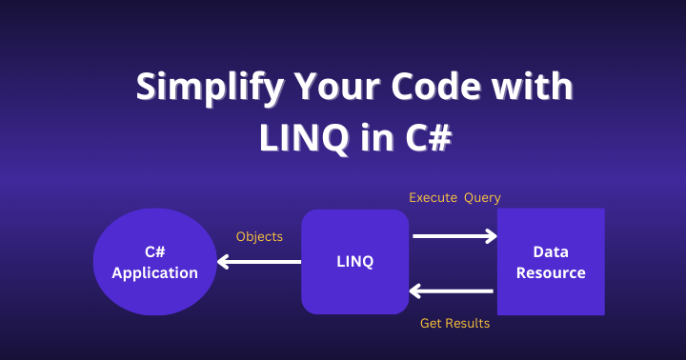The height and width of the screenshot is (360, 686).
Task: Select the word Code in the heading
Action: click(x=435, y=86)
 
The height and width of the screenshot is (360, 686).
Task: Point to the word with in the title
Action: click(x=532, y=86)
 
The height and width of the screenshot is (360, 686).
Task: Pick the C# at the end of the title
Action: click(x=429, y=138)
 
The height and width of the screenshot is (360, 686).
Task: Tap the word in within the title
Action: click(x=377, y=138)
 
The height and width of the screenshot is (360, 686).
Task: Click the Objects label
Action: click(x=259, y=236)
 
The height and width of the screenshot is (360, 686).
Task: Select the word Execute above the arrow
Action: click(x=434, y=198)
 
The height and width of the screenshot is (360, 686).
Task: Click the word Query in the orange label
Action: click(x=482, y=198)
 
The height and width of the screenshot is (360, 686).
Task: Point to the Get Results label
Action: click(x=455, y=323)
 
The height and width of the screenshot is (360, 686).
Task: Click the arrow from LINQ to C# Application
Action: click(x=259, y=262)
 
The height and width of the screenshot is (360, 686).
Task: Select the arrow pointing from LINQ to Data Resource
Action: click(x=455, y=236)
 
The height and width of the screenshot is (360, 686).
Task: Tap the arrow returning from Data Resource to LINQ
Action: click(x=451, y=290)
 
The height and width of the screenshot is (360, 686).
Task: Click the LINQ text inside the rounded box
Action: click(x=354, y=262)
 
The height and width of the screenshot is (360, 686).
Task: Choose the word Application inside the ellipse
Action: click(x=155, y=273)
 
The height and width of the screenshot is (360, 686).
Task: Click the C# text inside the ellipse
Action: click(x=155, y=251)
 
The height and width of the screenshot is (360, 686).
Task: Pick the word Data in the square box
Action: click(x=551, y=251)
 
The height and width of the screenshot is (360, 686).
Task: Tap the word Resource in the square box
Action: click(x=551, y=273)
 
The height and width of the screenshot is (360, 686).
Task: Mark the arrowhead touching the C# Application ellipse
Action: click(x=223, y=262)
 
